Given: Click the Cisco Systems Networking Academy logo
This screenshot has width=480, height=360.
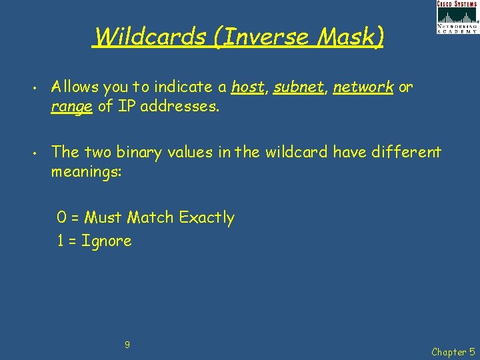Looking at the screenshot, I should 457,17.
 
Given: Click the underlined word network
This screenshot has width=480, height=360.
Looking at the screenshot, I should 363,87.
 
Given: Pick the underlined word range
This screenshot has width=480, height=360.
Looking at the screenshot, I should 72,107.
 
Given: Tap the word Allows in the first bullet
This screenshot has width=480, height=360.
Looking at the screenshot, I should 75,87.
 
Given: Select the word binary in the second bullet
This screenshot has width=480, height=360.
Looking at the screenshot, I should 139,153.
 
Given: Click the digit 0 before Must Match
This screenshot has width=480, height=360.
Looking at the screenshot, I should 61,218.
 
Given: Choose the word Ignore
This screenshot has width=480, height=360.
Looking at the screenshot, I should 106,241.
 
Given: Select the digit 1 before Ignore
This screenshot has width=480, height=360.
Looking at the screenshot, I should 61,241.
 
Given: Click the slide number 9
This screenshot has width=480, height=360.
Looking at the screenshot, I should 127,326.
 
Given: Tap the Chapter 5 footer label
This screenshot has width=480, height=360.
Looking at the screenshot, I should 453,351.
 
